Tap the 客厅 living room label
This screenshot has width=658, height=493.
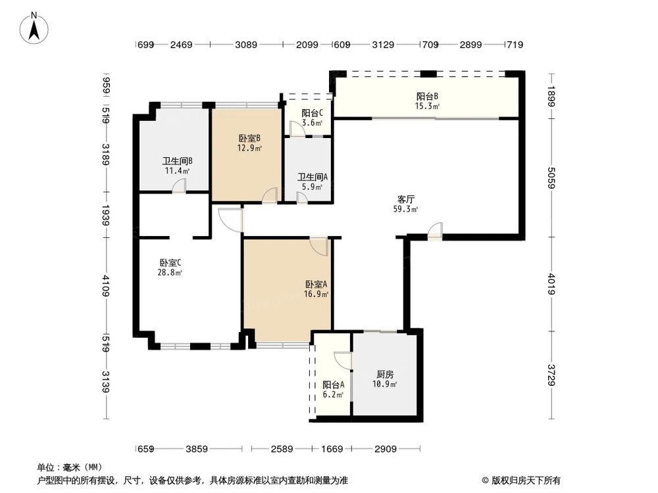pos(406,199)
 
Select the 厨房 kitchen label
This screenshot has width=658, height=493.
pos(385,374)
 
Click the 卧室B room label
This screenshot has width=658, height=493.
pos(249,139)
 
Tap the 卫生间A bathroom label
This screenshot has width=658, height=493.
pos(310,177)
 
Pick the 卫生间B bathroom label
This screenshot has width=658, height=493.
pos(177,161)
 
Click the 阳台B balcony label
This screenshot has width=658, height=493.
pos(427,96)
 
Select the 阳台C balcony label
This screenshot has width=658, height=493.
pos(312,113)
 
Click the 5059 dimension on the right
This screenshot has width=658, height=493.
pos(551,177)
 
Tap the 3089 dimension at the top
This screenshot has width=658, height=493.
pos(245,45)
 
